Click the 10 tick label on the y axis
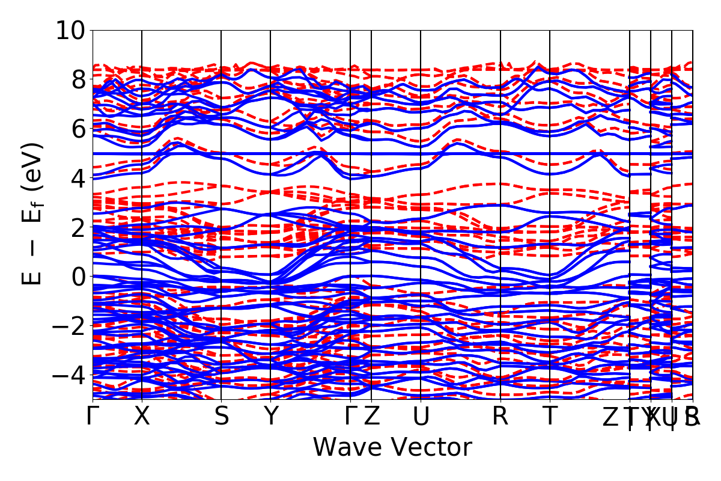70,30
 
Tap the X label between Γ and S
142,416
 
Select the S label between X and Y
222,416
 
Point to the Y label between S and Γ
271,416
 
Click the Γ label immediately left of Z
350,416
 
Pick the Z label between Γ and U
372,416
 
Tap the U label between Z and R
421,416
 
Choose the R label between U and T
500,416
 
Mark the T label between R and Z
550,416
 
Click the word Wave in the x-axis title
348,448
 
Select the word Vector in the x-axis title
431,448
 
